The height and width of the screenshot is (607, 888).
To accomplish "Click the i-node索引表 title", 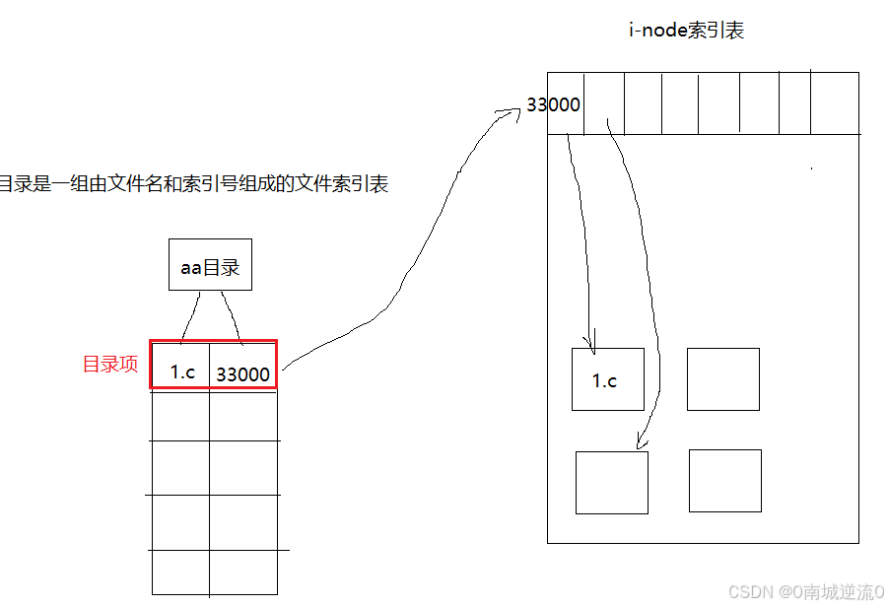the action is (686, 31).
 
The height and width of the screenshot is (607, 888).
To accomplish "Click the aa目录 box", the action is (210, 265).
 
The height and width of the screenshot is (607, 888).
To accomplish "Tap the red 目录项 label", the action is (109, 365).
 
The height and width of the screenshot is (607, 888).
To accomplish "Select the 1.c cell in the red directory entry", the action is (182, 371).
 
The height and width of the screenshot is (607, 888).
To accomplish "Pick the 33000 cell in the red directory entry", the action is (242, 374).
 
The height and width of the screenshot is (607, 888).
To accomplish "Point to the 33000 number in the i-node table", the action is (553, 104).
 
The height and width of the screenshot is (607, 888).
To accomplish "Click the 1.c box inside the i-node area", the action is (607, 379).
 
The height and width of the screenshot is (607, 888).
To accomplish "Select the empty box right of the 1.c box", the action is (722, 378).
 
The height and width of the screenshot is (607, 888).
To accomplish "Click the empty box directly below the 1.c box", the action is (611, 482).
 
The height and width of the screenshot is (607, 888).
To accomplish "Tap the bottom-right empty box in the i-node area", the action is (724, 481).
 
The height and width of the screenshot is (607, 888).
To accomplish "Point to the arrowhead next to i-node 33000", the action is (512, 112).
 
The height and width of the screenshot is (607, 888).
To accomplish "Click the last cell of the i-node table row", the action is (834, 102).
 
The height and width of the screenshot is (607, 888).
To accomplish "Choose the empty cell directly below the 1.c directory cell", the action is (180, 415).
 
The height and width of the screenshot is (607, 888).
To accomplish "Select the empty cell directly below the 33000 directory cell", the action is (243, 415).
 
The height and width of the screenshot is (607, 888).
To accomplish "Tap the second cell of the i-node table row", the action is (604, 102).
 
